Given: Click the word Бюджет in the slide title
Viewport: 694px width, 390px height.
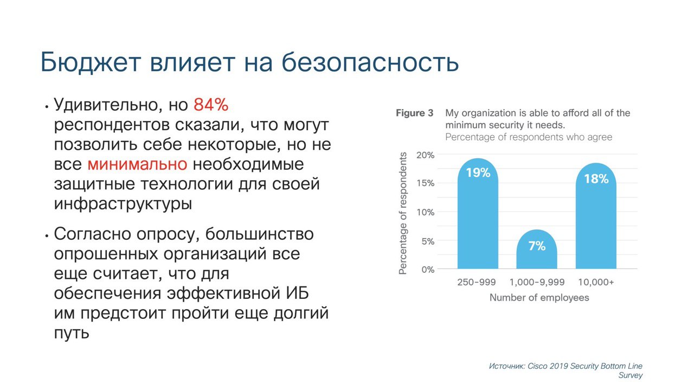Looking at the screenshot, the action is tap(91, 62).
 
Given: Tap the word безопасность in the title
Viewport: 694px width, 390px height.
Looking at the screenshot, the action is tap(370, 62).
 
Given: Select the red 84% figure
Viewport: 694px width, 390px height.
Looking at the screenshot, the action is tap(211, 105).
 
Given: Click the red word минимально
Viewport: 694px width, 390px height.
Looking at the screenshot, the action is tap(137, 164).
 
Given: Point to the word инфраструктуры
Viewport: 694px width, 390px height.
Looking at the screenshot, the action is tap(123, 204).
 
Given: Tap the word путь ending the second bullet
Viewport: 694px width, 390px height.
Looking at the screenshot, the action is tap(72, 334).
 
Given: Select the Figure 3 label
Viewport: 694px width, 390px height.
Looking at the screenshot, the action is tap(415, 113).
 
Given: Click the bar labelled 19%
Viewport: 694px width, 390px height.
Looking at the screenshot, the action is tap(478, 213).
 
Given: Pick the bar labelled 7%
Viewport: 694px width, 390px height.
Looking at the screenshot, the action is tap(537, 249).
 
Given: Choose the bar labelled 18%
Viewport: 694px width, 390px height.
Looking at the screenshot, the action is tap(596, 216).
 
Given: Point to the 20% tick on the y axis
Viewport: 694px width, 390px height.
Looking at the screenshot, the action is tap(425, 155).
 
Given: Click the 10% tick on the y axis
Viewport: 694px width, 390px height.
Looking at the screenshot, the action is tap(426, 213).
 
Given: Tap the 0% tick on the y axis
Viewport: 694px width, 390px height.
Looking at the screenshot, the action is tap(428, 270).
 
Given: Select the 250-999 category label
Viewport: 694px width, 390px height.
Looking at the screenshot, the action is tap(477, 282).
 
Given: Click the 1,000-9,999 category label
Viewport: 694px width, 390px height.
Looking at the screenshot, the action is tap(537, 282).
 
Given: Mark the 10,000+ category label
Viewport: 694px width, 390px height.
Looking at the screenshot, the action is tap(596, 282).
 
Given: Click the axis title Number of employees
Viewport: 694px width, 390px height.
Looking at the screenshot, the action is tap(539, 298).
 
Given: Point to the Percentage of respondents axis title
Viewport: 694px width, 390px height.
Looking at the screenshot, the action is tap(402, 213).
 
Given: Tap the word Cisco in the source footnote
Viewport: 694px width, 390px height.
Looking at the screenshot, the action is tap(538, 366).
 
